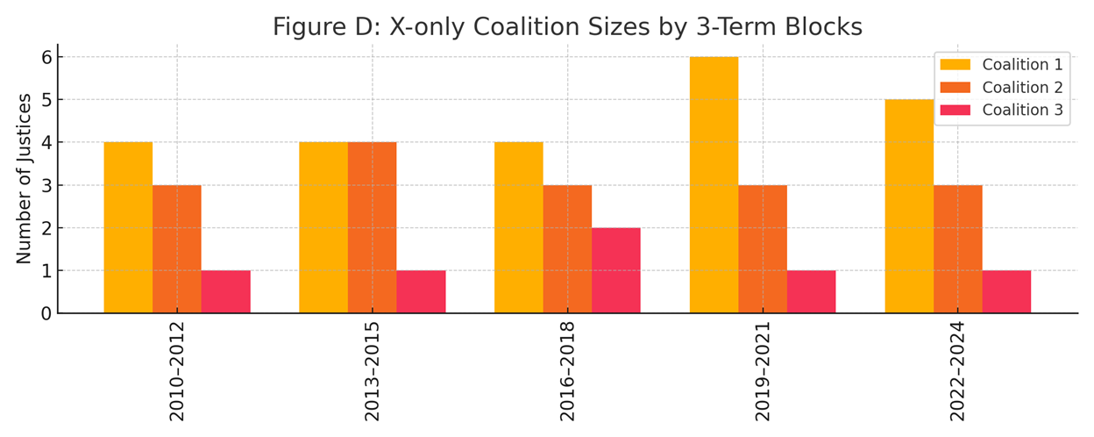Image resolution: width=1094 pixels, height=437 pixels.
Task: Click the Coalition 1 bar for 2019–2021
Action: click(x=714, y=185)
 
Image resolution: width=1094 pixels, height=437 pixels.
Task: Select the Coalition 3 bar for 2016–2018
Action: click(x=615, y=270)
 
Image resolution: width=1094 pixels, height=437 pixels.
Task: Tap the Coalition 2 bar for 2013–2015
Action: click(x=372, y=227)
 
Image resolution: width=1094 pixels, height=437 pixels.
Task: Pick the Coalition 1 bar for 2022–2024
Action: click(x=909, y=206)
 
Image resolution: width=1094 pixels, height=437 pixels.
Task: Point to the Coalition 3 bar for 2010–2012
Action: click(x=225, y=291)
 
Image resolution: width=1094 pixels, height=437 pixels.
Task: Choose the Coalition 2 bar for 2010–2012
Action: click(x=176, y=249)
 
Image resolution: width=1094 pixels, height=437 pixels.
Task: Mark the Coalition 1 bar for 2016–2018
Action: click(x=518, y=227)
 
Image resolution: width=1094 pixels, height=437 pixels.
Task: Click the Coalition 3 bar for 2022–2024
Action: click(x=1006, y=291)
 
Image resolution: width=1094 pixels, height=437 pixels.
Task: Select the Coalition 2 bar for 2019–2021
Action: click(x=763, y=249)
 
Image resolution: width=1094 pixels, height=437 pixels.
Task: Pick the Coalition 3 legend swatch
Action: click(x=956, y=111)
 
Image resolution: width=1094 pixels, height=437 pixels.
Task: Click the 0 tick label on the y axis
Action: click(x=46, y=313)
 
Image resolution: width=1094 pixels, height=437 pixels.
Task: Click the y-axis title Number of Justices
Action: click(x=24, y=178)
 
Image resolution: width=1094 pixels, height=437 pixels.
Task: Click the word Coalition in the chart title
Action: click(x=523, y=27)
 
